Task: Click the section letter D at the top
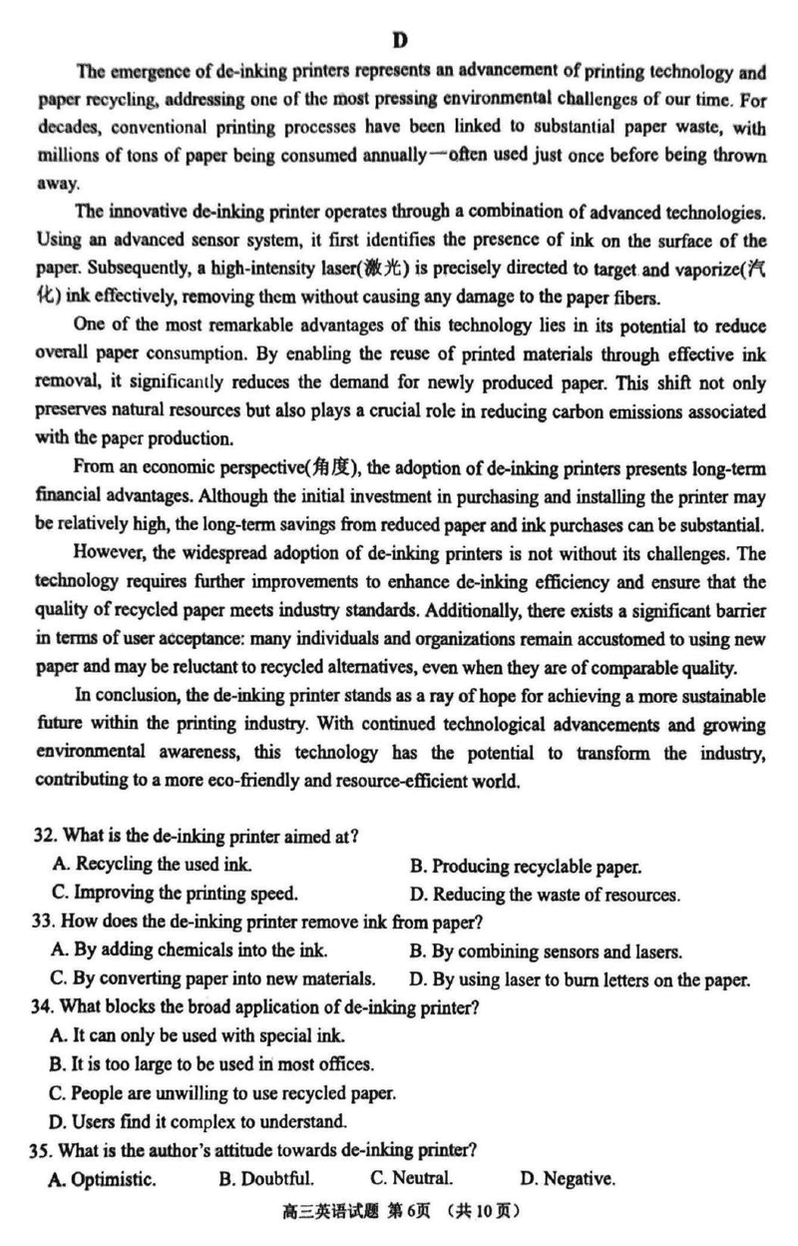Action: coord(400,41)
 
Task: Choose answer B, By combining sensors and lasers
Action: coord(546,951)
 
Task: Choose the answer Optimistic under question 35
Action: coord(102,1179)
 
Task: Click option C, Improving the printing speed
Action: coord(176,894)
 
